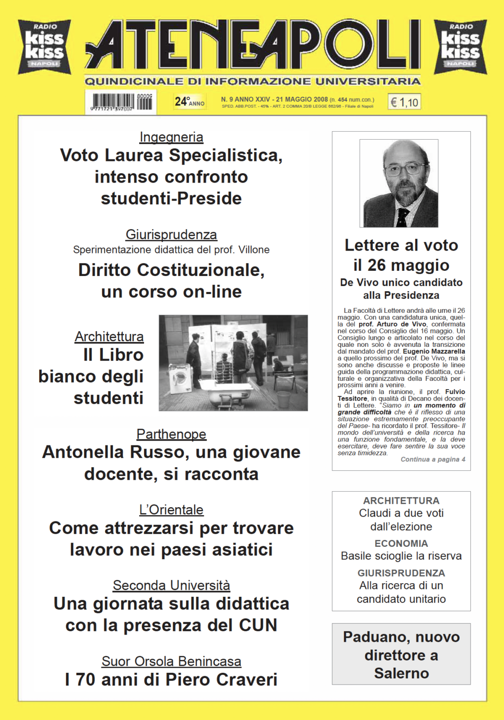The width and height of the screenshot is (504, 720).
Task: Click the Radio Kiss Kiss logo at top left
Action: pos(44,47)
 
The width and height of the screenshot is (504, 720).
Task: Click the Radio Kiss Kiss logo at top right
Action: pos(460,47)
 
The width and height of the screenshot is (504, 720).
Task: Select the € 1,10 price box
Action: pos(404,102)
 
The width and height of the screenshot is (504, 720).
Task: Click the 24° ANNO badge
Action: pos(189,101)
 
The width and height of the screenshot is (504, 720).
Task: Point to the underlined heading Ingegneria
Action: pos(171,137)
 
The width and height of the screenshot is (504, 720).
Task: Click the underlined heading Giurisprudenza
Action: pos(171,234)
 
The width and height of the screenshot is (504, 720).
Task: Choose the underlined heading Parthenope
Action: pos(171,434)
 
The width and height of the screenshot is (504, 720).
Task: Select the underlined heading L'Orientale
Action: pos(171,510)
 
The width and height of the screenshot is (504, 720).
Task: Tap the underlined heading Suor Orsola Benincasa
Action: pos(171,661)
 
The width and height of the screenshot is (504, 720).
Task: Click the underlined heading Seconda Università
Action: pos(171,586)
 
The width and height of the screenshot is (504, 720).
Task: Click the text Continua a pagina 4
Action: pos(433,460)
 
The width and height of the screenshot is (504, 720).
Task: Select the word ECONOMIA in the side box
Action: pos(401,544)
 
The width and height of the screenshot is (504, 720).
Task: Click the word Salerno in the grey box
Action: pos(401,673)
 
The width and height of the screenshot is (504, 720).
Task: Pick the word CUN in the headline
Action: pos(258,626)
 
